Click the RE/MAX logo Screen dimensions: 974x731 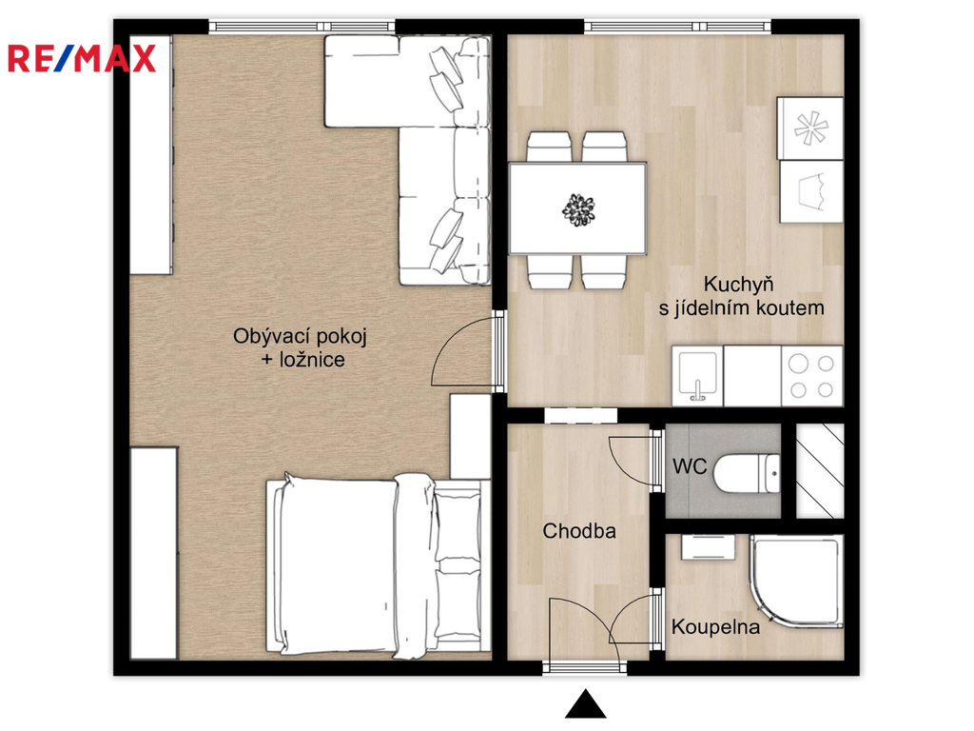pyautogui.click(x=82, y=58)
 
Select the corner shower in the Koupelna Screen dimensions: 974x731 pyautogui.click(x=796, y=581)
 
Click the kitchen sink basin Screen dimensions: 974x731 pyautogui.click(x=697, y=376)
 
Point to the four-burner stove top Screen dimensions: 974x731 pyautogui.click(x=812, y=376)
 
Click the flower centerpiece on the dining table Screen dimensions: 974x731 pyautogui.click(x=578, y=209)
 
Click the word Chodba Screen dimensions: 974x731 pyautogui.click(x=579, y=531)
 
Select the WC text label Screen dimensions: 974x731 pyautogui.click(x=690, y=466)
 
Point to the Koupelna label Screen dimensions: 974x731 pyautogui.click(x=715, y=626)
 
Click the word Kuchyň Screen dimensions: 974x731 pyautogui.click(x=738, y=284)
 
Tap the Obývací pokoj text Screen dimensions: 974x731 pyautogui.click(x=300, y=336)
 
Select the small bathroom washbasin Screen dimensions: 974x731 pyautogui.click(x=708, y=547)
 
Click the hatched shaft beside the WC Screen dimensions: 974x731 pyautogui.click(x=820, y=470)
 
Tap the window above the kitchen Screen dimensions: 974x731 pyautogui.click(x=677, y=26)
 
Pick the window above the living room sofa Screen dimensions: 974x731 pyautogui.click(x=302, y=26)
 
